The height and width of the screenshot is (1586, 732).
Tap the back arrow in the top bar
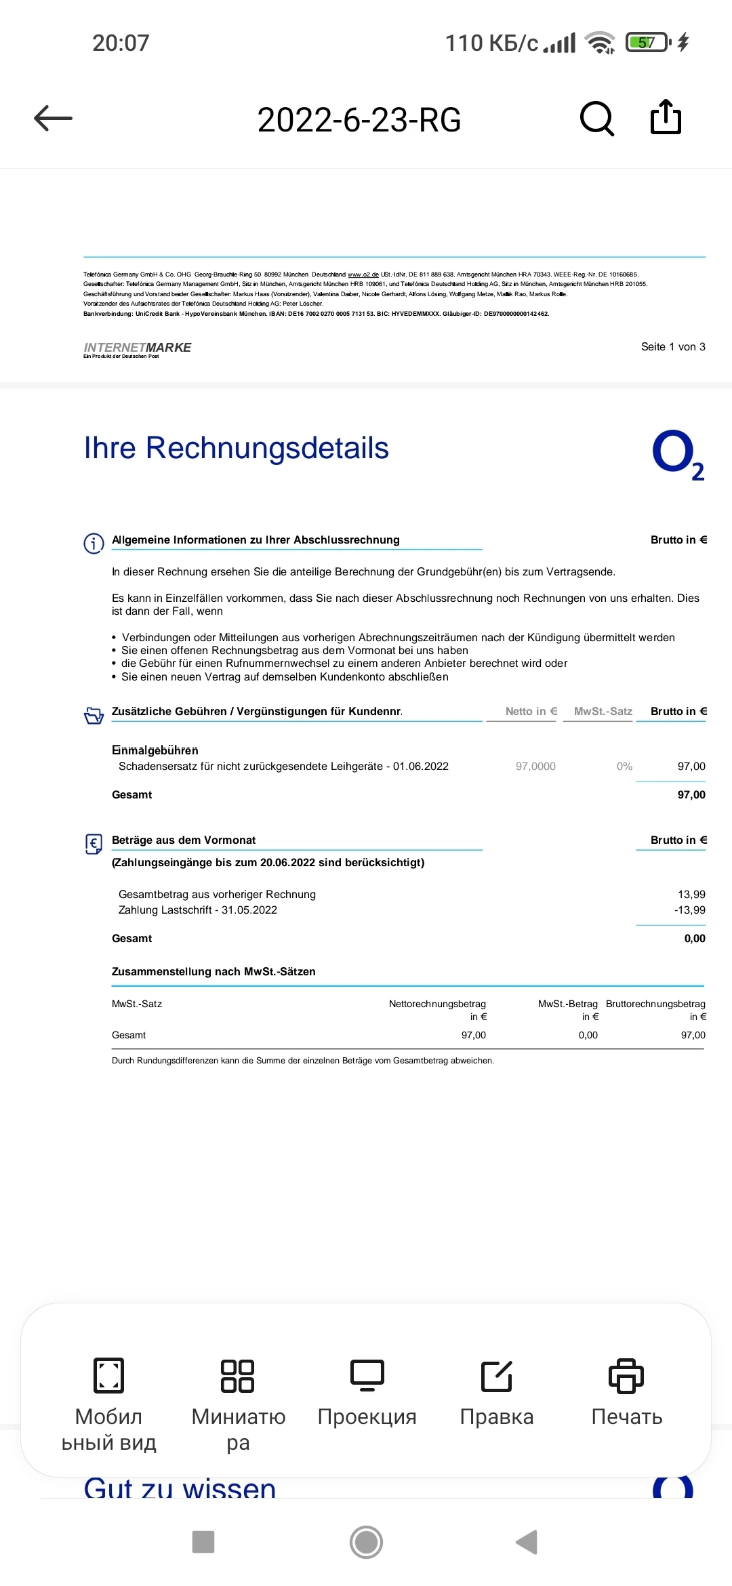(53, 119)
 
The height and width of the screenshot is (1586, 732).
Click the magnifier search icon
(597, 119)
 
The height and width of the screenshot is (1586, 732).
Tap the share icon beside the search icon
(666, 118)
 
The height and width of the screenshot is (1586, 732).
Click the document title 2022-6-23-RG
(359, 120)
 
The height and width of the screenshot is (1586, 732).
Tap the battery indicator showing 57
(647, 43)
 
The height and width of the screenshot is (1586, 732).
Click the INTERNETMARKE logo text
(138, 348)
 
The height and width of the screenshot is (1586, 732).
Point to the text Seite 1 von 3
(673, 347)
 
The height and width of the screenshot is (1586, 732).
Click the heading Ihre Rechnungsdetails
(236, 448)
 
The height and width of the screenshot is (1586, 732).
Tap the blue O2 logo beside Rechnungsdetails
(678, 454)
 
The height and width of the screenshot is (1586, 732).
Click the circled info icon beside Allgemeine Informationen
(94, 543)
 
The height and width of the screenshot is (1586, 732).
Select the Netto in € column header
(531, 711)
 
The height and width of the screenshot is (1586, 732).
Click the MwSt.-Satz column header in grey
(603, 711)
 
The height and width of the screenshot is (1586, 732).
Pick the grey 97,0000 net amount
(535, 767)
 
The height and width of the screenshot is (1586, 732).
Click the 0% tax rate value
(624, 767)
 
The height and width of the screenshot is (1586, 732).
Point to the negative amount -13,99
(690, 910)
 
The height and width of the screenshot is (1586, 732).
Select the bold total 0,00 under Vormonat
(695, 939)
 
